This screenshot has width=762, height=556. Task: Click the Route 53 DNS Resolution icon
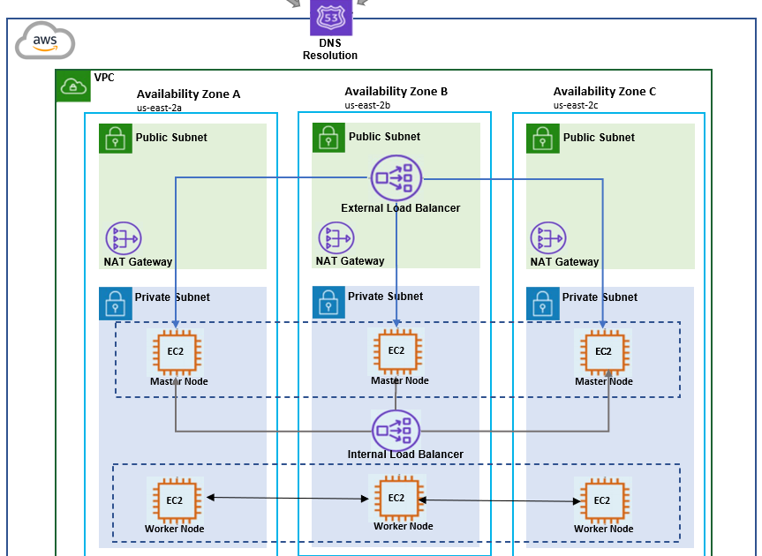tap(331, 18)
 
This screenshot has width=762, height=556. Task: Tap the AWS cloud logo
tap(45, 41)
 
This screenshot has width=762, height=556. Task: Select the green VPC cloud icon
tap(72, 86)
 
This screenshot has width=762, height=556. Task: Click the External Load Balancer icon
tap(396, 177)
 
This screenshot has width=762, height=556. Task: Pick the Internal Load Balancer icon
tap(396, 430)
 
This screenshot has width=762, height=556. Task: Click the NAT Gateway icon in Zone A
tap(124, 239)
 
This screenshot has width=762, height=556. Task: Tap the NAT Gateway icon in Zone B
tap(336, 238)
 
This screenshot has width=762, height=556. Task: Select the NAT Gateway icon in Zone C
tap(548, 239)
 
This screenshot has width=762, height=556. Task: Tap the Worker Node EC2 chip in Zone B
tap(396, 497)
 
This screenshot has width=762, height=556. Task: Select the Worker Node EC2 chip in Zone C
tap(602, 500)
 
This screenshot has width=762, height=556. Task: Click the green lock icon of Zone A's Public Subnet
tap(116, 139)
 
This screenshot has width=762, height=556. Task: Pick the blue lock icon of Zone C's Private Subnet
tap(543, 303)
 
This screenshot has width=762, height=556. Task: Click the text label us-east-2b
tap(367, 105)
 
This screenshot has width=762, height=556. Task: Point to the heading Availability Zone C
tap(604, 91)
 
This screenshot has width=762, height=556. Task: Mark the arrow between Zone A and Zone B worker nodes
tap(287, 499)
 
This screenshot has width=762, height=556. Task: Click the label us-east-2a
tap(160, 108)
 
